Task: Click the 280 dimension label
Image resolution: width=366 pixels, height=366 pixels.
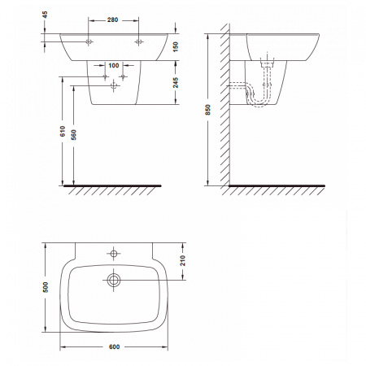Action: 112,20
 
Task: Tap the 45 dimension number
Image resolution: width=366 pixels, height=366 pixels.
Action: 45,15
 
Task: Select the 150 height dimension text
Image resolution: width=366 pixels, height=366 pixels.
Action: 176,46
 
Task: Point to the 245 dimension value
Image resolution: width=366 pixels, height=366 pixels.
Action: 176,82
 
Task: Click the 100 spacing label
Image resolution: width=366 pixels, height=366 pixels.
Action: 114,65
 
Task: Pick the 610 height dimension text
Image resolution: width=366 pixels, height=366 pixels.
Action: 63,131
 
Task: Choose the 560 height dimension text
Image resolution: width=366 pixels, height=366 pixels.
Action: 73,135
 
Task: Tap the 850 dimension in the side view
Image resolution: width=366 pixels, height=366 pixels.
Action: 207,110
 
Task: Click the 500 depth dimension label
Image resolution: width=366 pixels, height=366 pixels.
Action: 46,287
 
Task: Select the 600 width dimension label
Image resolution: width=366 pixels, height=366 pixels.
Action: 114,346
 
